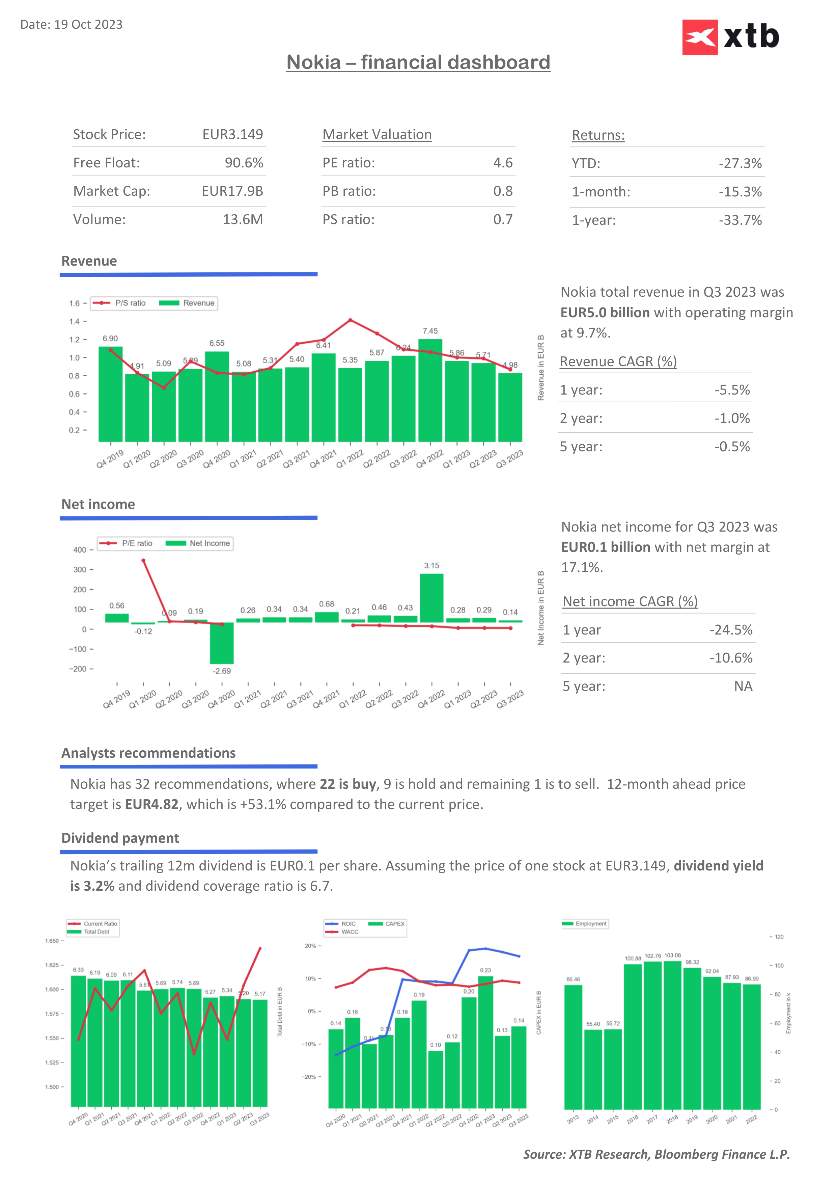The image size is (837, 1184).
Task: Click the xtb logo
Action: (x=730, y=37)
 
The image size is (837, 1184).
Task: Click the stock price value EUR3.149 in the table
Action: (x=232, y=135)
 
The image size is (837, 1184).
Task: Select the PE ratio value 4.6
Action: (x=503, y=163)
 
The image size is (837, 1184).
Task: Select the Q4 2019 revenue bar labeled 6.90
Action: (x=110, y=395)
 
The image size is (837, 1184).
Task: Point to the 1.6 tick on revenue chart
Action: (x=75, y=303)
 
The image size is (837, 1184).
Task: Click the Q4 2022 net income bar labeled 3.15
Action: (x=431, y=598)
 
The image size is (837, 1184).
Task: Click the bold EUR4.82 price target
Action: (x=152, y=804)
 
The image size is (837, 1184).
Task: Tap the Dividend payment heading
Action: (x=120, y=838)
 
